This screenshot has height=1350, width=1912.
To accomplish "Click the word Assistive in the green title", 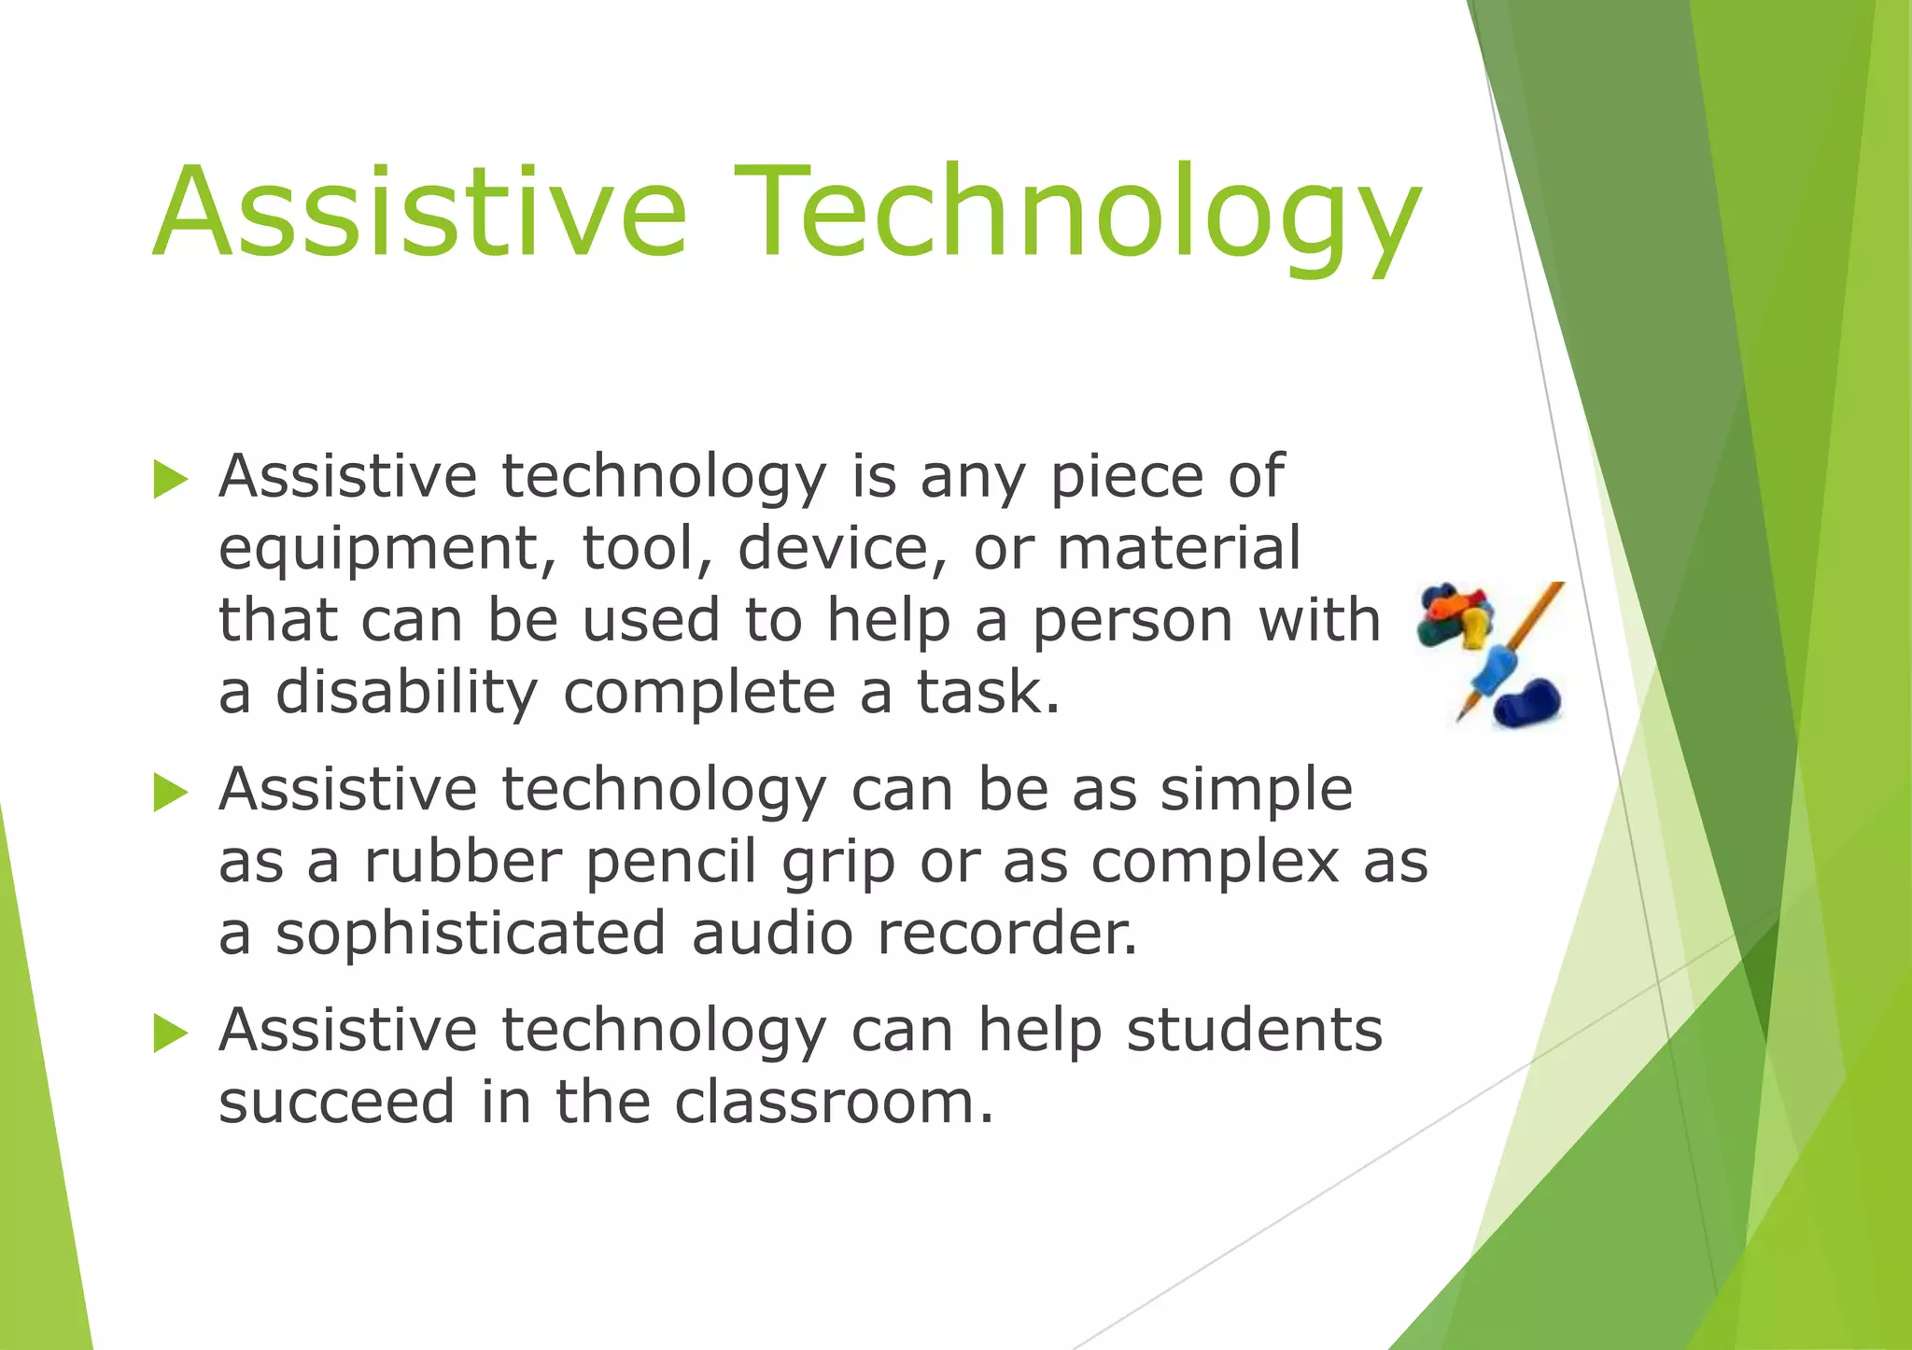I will pos(420,213).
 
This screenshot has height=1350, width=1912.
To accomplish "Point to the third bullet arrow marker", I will pos(171,1034).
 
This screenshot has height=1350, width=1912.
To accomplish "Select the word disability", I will pos(406,693).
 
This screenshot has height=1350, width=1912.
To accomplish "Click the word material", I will pos(1178,549).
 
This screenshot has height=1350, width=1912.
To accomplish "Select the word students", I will pos(1254,1030).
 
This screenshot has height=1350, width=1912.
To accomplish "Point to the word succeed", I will pos(337,1102).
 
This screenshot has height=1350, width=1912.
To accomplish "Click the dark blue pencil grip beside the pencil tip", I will pos(1526,703).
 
